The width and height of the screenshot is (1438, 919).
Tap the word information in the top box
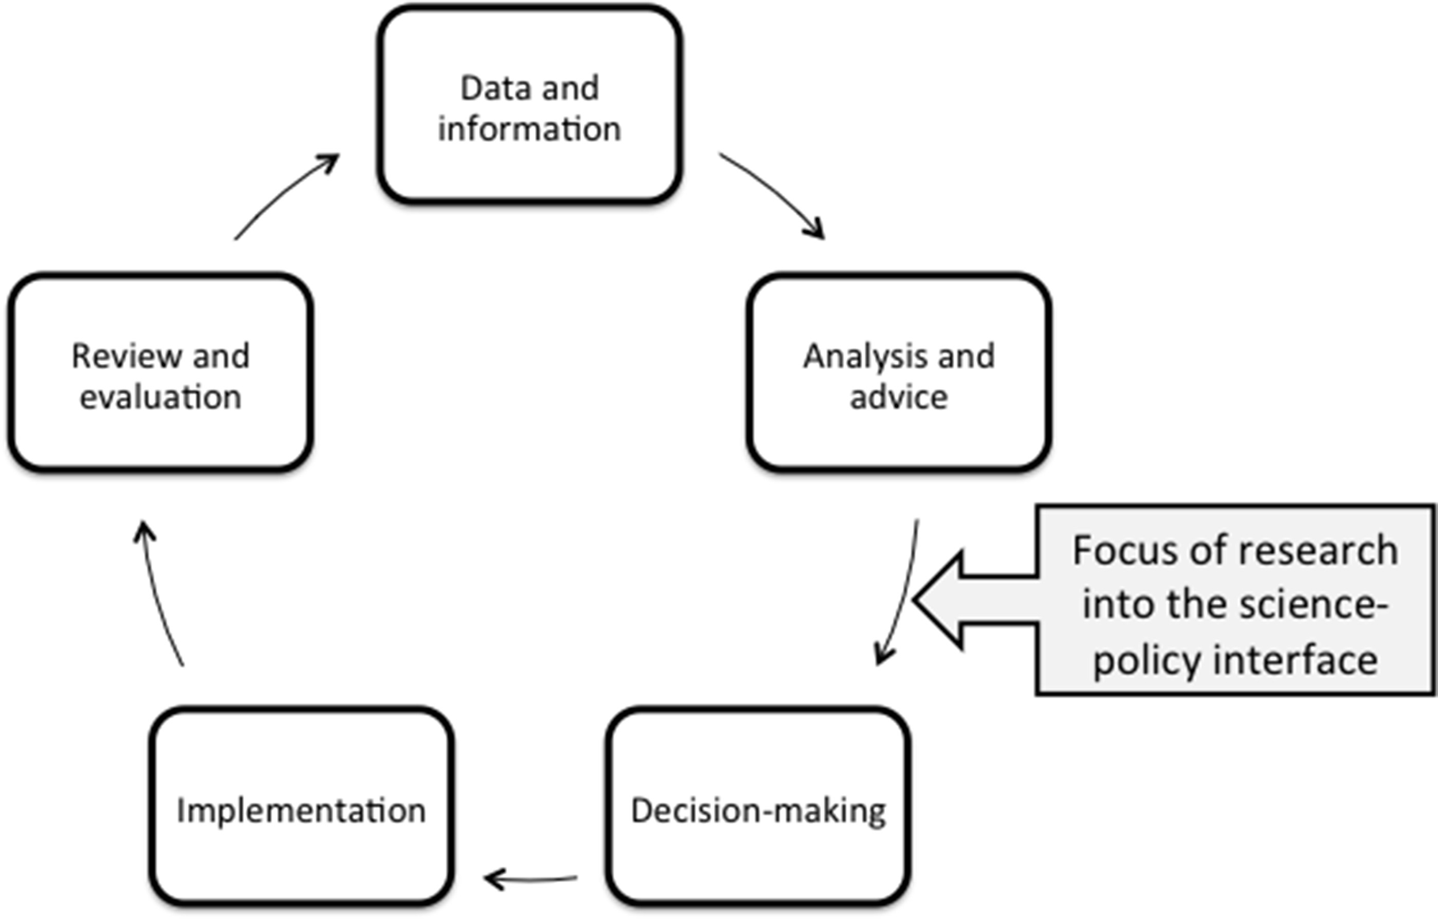tap(529, 129)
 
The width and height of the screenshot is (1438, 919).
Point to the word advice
tap(898, 397)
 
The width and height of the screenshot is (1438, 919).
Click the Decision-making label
tap(759, 811)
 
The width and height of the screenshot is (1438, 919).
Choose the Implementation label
tap(301, 811)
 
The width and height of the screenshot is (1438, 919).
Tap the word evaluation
tap(160, 397)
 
